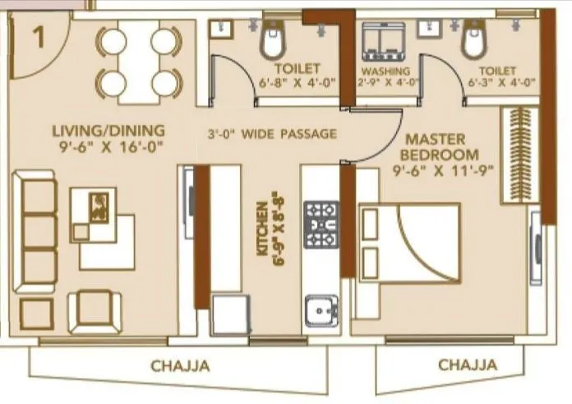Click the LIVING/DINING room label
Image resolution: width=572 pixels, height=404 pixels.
point(108,131)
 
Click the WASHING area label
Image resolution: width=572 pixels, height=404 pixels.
point(385,71)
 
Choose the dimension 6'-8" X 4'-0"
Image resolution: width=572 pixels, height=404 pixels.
point(297,82)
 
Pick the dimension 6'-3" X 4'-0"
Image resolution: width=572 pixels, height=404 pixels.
point(501,82)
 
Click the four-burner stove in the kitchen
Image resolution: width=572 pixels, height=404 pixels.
point(321,223)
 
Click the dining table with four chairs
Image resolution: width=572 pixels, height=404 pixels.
point(138,62)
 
